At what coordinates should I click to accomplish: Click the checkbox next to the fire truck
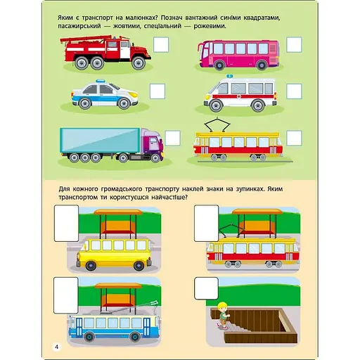pos(161,44)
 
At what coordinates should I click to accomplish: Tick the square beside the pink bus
pos(294,44)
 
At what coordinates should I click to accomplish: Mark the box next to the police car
pos(157,91)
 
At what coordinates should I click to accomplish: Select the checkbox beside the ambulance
pos(294,91)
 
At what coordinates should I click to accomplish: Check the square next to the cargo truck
pos(172,139)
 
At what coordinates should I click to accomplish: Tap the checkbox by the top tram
pos(294,139)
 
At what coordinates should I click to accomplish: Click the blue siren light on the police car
pos(100,81)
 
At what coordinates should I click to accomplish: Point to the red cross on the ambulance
pos(240,96)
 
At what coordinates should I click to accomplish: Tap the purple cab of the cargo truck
pos(151,143)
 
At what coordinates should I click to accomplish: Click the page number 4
pos(56,347)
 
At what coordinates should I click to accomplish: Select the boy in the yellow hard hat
pos(223,316)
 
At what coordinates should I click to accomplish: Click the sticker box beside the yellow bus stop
pos(67,224)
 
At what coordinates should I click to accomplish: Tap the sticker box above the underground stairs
pos(206,288)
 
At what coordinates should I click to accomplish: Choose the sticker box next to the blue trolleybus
pos(66,295)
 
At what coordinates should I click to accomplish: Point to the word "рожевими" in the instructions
pos(210,26)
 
